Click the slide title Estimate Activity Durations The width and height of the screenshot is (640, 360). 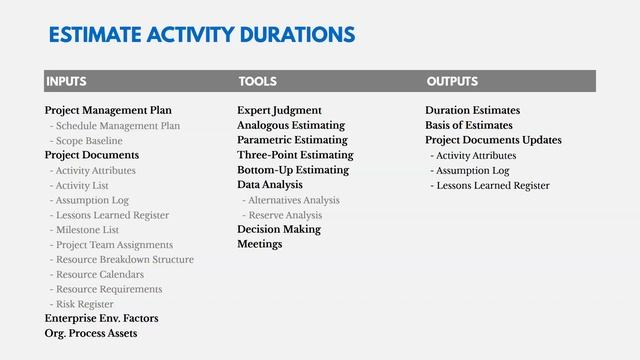click(201, 36)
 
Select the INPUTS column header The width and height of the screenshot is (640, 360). click(66, 81)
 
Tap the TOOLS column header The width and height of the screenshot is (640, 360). click(257, 81)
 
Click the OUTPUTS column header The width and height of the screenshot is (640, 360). click(452, 81)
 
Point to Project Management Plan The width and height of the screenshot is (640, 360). click(108, 111)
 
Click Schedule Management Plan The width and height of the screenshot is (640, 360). click(118, 126)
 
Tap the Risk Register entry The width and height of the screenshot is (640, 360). click(85, 304)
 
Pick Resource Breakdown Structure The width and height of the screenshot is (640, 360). click(125, 260)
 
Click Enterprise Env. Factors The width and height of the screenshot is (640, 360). click(101, 319)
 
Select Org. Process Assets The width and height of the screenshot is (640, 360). click(91, 333)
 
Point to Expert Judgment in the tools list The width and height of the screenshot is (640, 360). click(279, 111)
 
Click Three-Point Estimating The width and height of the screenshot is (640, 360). click(295, 156)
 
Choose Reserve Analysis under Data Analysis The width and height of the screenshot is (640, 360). click(286, 215)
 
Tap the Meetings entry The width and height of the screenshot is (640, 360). click(259, 244)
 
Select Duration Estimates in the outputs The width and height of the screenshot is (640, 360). click(472, 111)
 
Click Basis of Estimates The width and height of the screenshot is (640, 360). click(468, 126)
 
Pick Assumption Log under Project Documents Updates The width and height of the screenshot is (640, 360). click(473, 171)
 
